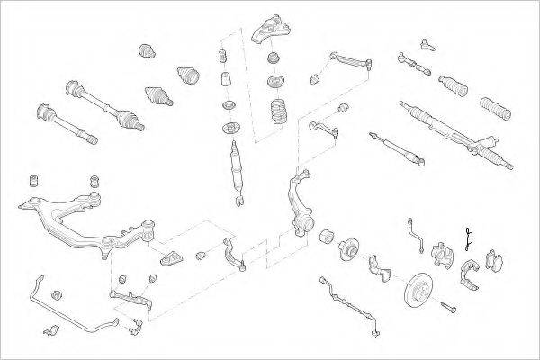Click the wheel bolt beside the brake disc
point(450,308)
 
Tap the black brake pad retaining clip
point(468,238)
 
